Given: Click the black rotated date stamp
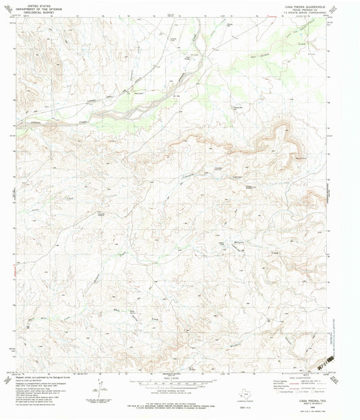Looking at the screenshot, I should click(330, 359).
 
